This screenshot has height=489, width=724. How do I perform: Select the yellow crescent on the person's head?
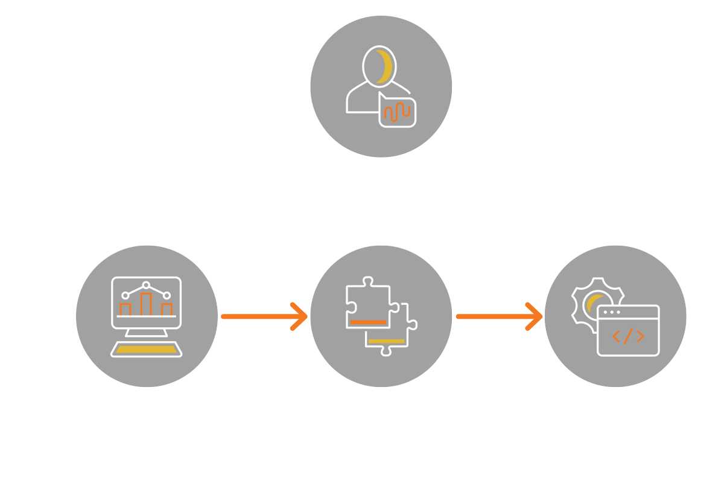[x=383, y=66]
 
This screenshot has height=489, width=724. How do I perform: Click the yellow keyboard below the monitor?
[x=146, y=350]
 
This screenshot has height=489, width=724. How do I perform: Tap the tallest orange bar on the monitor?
[x=146, y=304]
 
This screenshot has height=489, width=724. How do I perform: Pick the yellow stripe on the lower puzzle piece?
[x=386, y=342]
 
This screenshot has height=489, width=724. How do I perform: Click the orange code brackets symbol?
[x=627, y=337]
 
